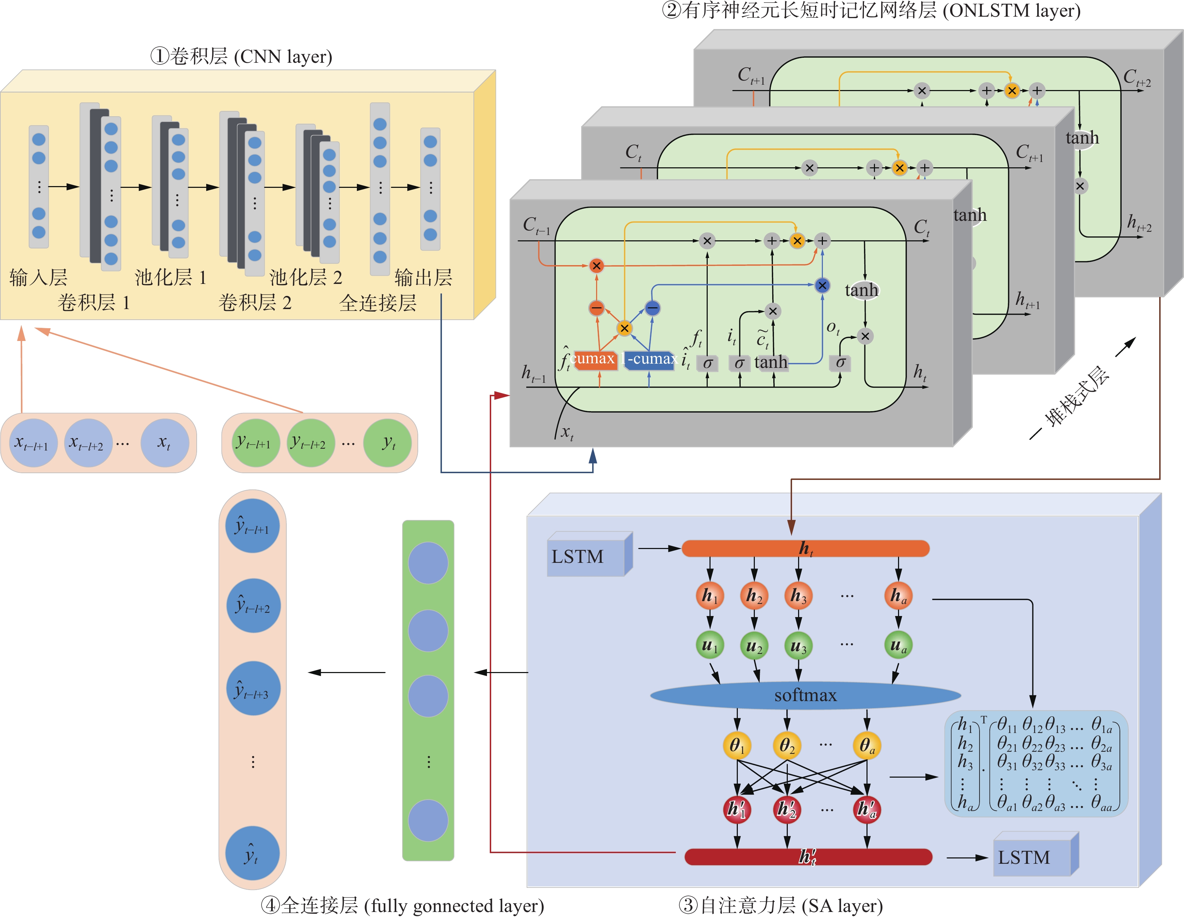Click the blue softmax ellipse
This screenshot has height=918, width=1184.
pyautogui.click(x=805, y=695)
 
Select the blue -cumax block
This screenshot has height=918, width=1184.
pyautogui.click(x=650, y=359)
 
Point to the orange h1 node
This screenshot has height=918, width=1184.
pyautogui.click(x=709, y=595)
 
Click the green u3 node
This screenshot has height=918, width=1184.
pyautogui.click(x=798, y=645)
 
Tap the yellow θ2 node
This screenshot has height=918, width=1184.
pyautogui.click(x=787, y=746)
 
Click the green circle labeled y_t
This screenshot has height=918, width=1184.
pyautogui.click(x=388, y=443)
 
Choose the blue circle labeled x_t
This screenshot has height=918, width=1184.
pyautogui.click(x=164, y=443)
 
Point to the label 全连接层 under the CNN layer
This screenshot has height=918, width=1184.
pyautogui.click(x=378, y=303)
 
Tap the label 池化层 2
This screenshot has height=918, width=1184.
pyautogui.click(x=306, y=278)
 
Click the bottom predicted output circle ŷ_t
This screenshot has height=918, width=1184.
pyautogui.click(x=252, y=853)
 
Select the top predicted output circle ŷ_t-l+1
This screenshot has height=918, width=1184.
pyautogui.click(x=252, y=526)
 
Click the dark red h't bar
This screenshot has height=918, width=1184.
pyautogui.click(x=808, y=857)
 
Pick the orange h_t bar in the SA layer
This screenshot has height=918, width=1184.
pyautogui.click(x=805, y=548)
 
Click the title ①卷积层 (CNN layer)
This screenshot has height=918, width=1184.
pyautogui.click(x=241, y=56)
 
